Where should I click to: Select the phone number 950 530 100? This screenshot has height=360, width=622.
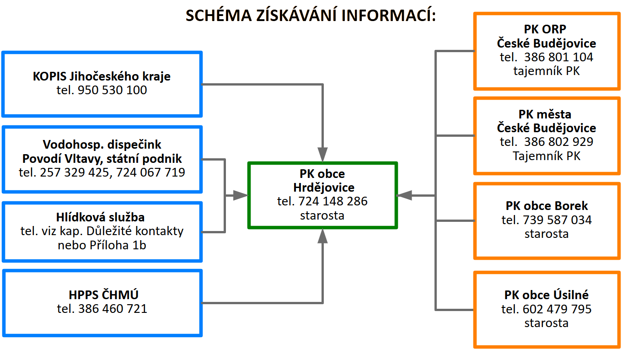tap(113, 90)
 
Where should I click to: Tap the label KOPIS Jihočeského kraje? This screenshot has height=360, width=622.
tap(102, 76)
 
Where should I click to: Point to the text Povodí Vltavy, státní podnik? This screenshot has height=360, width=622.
tap(102, 159)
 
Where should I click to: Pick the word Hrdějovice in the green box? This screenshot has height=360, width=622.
tap(323, 188)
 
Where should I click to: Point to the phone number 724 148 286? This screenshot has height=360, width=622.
tap(333, 201)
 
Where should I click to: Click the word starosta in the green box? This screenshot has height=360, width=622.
tap(322, 215)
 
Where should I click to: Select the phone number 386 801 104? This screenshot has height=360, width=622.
tap(558, 57)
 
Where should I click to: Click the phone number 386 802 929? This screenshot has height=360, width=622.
tap(558, 142)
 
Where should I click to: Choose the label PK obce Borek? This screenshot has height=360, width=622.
tap(547, 206)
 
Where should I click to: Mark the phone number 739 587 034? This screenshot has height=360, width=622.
tap(557, 220)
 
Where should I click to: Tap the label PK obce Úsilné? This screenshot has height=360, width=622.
tap(547, 295)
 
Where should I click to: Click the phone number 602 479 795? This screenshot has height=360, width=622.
tap(557, 309)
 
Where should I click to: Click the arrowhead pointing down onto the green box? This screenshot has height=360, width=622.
tap(323, 154)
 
